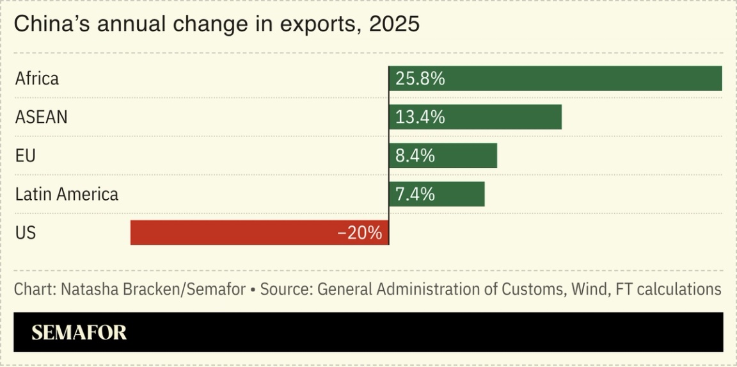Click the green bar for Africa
coord(555,79)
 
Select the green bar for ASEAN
coord(475,117)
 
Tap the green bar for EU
coord(443,156)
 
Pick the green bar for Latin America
coord(436,194)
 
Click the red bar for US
coord(259,232)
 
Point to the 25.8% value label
coord(420,79)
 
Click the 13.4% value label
coord(420,117)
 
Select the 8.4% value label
coord(415,156)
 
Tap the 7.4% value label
coord(415,194)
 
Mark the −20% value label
coord(360,233)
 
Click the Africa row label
coord(37,79)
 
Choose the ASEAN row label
coord(41,117)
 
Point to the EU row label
coord(26,156)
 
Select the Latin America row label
coord(67,194)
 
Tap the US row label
coord(26,232)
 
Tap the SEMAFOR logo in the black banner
coord(79,332)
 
